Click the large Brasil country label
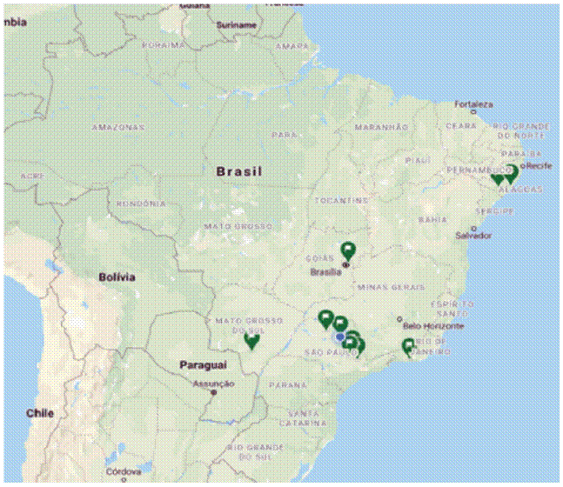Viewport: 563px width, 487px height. pos(238,172)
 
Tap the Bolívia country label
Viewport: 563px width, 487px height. pos(117,277)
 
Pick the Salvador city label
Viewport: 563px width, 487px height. pos(473,236)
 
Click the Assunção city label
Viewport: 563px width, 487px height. pos(212,384)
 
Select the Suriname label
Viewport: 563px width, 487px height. pos(236,25)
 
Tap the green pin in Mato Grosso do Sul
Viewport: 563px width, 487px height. pos(252,340)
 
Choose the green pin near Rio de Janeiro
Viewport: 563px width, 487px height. pos(408,346)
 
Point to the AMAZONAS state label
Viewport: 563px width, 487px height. pos(117,127)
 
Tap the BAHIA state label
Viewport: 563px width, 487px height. pos(432,220)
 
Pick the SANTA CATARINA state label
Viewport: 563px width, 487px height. pos(303,417)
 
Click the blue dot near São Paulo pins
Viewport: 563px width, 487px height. pos(338,336)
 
